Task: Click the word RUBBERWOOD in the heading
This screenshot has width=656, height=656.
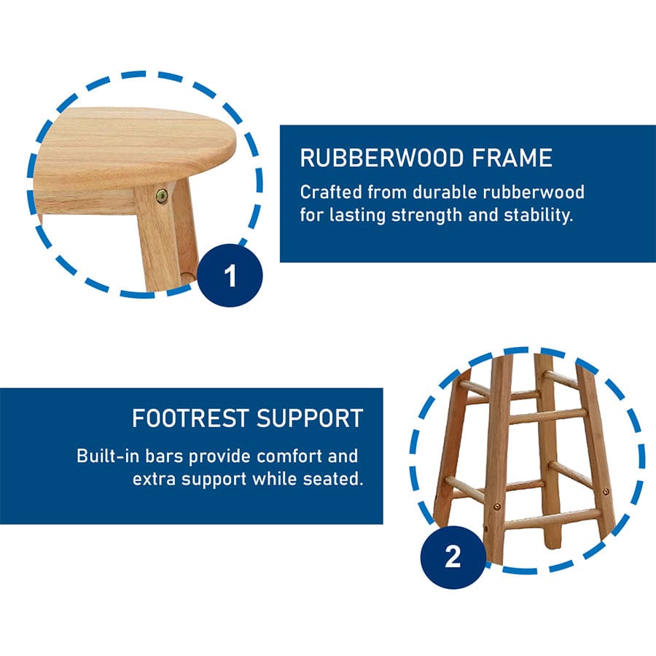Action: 382,158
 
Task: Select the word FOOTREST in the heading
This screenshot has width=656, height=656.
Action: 191,418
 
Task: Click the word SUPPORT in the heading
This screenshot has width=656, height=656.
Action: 310,418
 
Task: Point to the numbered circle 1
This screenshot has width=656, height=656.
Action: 230,276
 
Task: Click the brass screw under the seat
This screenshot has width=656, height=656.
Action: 162,195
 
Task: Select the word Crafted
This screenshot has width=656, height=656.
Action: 331,192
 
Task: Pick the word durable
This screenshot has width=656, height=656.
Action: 445,192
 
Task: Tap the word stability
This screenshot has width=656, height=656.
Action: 538,215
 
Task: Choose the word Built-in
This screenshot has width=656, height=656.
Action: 108,456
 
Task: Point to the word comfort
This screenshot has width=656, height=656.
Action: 289,456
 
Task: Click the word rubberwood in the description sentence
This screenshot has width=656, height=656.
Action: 534,192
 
